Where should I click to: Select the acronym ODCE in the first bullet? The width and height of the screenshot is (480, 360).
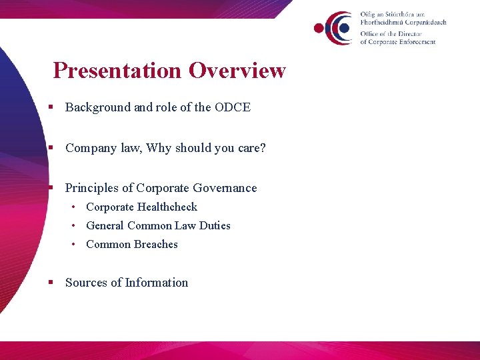pos(233,107)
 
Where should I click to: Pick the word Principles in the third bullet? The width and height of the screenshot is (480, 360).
pos(91,188)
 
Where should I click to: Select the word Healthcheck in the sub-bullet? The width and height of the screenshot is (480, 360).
pos(167,207)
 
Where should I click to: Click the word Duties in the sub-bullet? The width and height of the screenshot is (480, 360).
pos(215,226)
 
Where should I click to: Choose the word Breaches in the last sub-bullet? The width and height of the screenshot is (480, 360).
pos(156,245)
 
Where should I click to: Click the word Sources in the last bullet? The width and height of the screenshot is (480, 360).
pos(86,283)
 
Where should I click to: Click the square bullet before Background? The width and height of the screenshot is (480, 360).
pos(51,107)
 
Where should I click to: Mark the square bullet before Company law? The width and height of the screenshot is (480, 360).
pos(51,148)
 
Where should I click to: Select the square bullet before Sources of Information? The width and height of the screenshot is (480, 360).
pos(51,283)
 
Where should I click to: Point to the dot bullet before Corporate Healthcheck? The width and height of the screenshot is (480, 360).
pos(76,207)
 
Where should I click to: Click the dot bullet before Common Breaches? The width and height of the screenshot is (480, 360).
pos(76,245)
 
